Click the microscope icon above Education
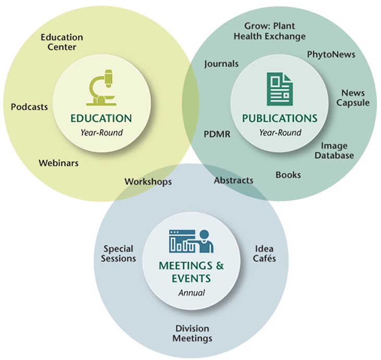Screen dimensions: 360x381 pyautogui.click(x=102, y=87)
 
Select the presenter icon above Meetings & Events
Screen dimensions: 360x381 pyautogui.click(x=191, y=242)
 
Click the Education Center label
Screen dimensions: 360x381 pyautogui.click(x=62, y=42)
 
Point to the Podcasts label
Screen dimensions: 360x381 pyautogui.click(x=29, y=107)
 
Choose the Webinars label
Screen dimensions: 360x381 pyautogui.click(x=58, y=163)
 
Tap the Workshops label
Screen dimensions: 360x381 pyautogui.click(x=148, y=182)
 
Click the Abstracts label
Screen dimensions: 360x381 pyautogui.click(x=233, y=180)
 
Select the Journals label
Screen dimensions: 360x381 pyautogui.click(x=221, y=64)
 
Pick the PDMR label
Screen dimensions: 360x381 pyautogui.click(x=217, y=134)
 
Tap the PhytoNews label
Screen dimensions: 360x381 pyautogui.click(x=331, y=54)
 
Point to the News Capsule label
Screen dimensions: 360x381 pyautogui.click(x=353, y=98)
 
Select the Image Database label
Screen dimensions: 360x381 pyautogui.click(x=337, y=151)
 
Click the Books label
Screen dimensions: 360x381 pyautogui.click(x=288, y=175)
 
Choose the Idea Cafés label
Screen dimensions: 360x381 pyautogui.click(x=264, y=254)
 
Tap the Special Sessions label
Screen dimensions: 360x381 pyautogui.click(x=119, y=254)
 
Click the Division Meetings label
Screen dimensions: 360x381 pyautogui.click(x=193, y=333)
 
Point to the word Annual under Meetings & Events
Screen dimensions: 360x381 pyautogui.click(x=192, y=292)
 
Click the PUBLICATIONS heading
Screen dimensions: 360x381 pyautogui.click(x=280, y=118)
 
